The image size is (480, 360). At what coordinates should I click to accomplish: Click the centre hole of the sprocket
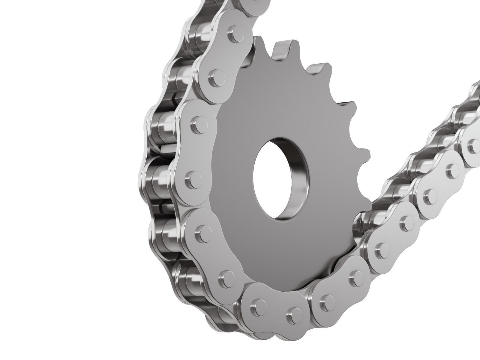pos(277,177)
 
